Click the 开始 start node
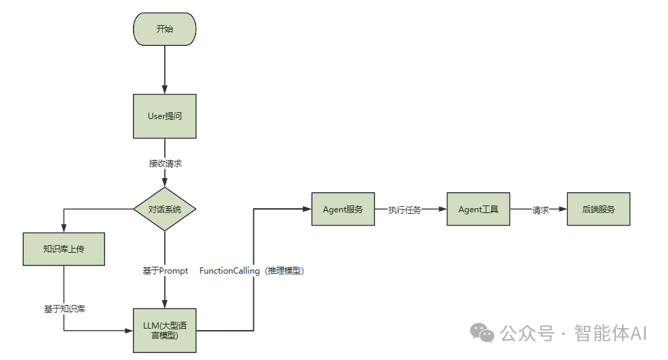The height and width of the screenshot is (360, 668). tap(164, 29)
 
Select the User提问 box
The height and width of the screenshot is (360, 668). tap(164, 116)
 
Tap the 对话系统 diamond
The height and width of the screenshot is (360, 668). tap(164, 209)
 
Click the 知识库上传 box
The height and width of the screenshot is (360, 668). tap(63, 249)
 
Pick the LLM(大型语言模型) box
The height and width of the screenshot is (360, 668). tap(164, 330)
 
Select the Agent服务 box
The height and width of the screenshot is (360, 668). tap(343, 209)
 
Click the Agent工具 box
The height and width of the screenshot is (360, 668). tap(478, 209)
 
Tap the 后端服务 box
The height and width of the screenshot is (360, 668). tap(598, 209)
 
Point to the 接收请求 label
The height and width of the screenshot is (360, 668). tap(165, 164)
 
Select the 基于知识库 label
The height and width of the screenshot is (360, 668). tap(63, 308)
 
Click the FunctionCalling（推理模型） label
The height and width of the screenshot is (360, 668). tap(252, 271)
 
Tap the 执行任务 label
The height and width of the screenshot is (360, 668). tap(404, 210)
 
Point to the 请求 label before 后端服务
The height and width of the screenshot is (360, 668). tap(541, 210)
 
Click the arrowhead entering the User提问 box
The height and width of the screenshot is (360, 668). tap(164, 90)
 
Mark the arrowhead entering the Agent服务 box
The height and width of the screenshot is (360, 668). tap(307, 209)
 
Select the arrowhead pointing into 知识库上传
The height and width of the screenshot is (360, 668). tap(63, 228)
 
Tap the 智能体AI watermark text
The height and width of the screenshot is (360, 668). tap(610, 334)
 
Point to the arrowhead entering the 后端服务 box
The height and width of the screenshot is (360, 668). tap(563, 209)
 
